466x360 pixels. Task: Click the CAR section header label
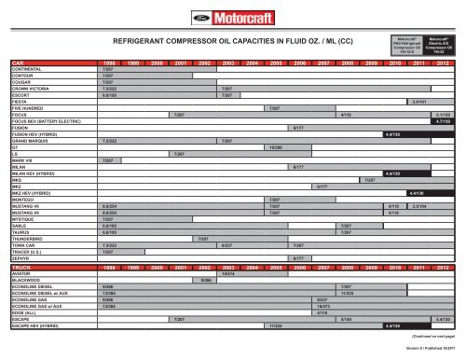18,63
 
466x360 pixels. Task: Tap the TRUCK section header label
22,267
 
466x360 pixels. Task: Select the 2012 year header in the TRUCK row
443,267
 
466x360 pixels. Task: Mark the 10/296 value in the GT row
276,148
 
